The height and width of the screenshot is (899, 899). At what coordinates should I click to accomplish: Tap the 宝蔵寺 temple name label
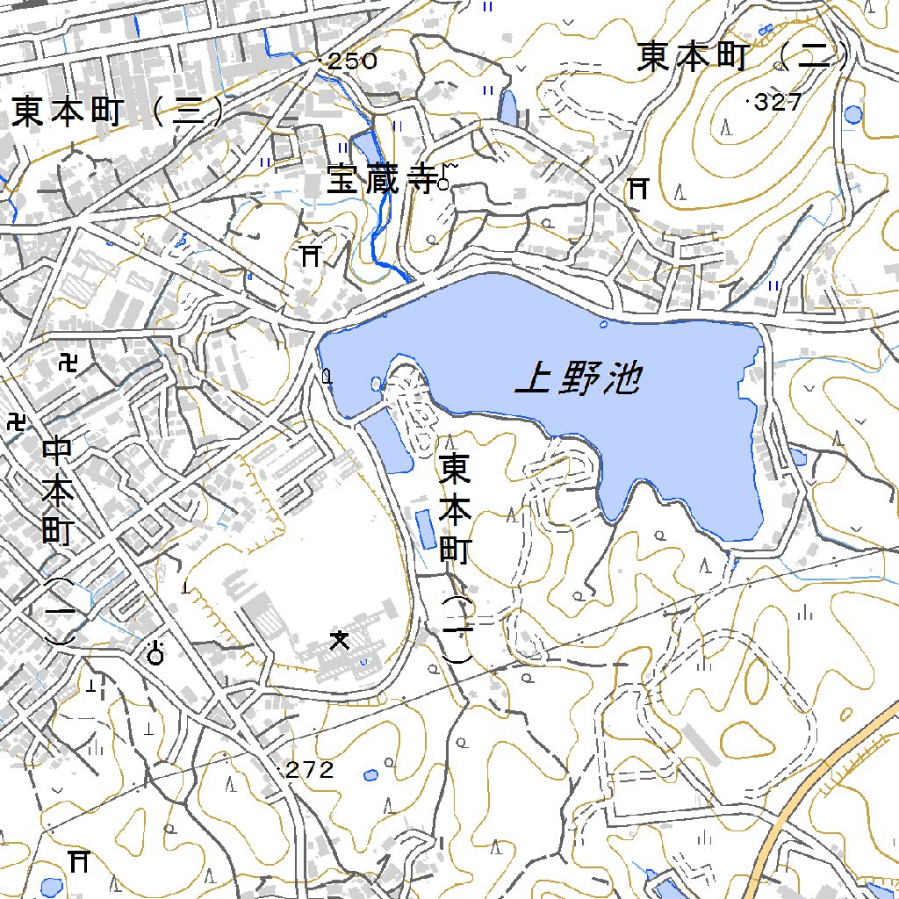point(382,180)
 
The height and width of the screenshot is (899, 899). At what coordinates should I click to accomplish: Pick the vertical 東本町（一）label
point(457,558)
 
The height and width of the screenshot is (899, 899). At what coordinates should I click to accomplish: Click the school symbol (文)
point(339,640)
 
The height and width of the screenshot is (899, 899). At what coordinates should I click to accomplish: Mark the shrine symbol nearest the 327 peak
point(638,188)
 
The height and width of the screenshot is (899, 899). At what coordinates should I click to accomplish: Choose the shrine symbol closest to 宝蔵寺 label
point(309,255)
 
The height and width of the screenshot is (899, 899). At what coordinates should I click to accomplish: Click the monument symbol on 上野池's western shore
point(327,378)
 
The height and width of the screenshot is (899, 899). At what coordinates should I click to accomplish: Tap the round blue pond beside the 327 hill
point(852,114)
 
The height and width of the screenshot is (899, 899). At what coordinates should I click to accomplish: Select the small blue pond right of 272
point(371,775)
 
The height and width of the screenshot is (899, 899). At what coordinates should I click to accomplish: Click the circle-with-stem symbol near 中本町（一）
point(157,652)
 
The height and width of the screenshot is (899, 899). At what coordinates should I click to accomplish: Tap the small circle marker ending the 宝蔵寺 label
point(443,184)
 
